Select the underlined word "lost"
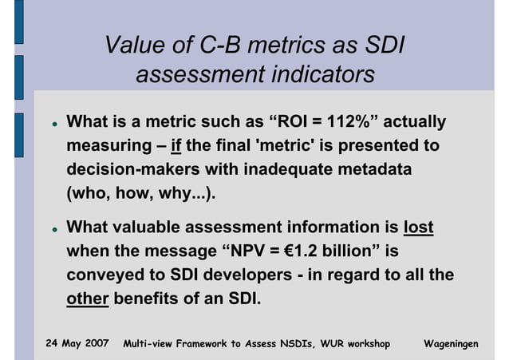(419, 227)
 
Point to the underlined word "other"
(87, 300)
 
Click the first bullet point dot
(49, 125)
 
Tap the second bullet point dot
(49, 230)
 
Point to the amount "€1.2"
(304, 252)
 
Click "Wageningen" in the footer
(452, 343)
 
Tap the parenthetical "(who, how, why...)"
(142, 195)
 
